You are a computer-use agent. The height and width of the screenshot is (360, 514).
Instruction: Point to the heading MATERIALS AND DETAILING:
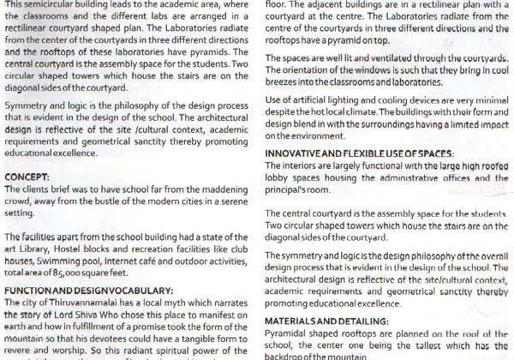click(x=329, y=321)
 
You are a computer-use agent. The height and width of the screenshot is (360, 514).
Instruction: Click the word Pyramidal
click(x=290, y=332)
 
